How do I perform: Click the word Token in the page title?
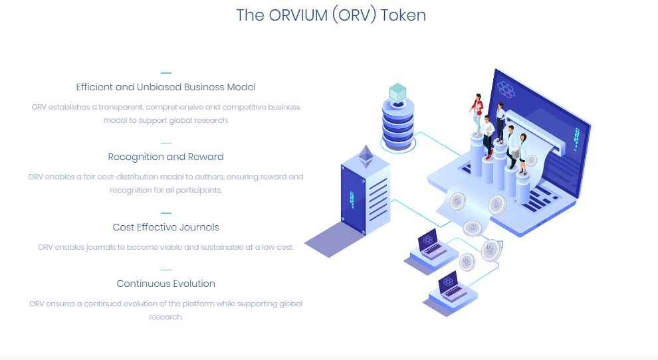403,15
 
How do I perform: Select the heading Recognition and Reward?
165,157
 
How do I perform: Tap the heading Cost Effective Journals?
165,227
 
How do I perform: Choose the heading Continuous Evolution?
165,284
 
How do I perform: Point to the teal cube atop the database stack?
397,92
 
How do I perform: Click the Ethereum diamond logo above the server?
366,156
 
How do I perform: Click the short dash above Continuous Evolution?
165,270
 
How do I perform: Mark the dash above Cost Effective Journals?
165,213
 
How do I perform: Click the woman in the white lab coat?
522,151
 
